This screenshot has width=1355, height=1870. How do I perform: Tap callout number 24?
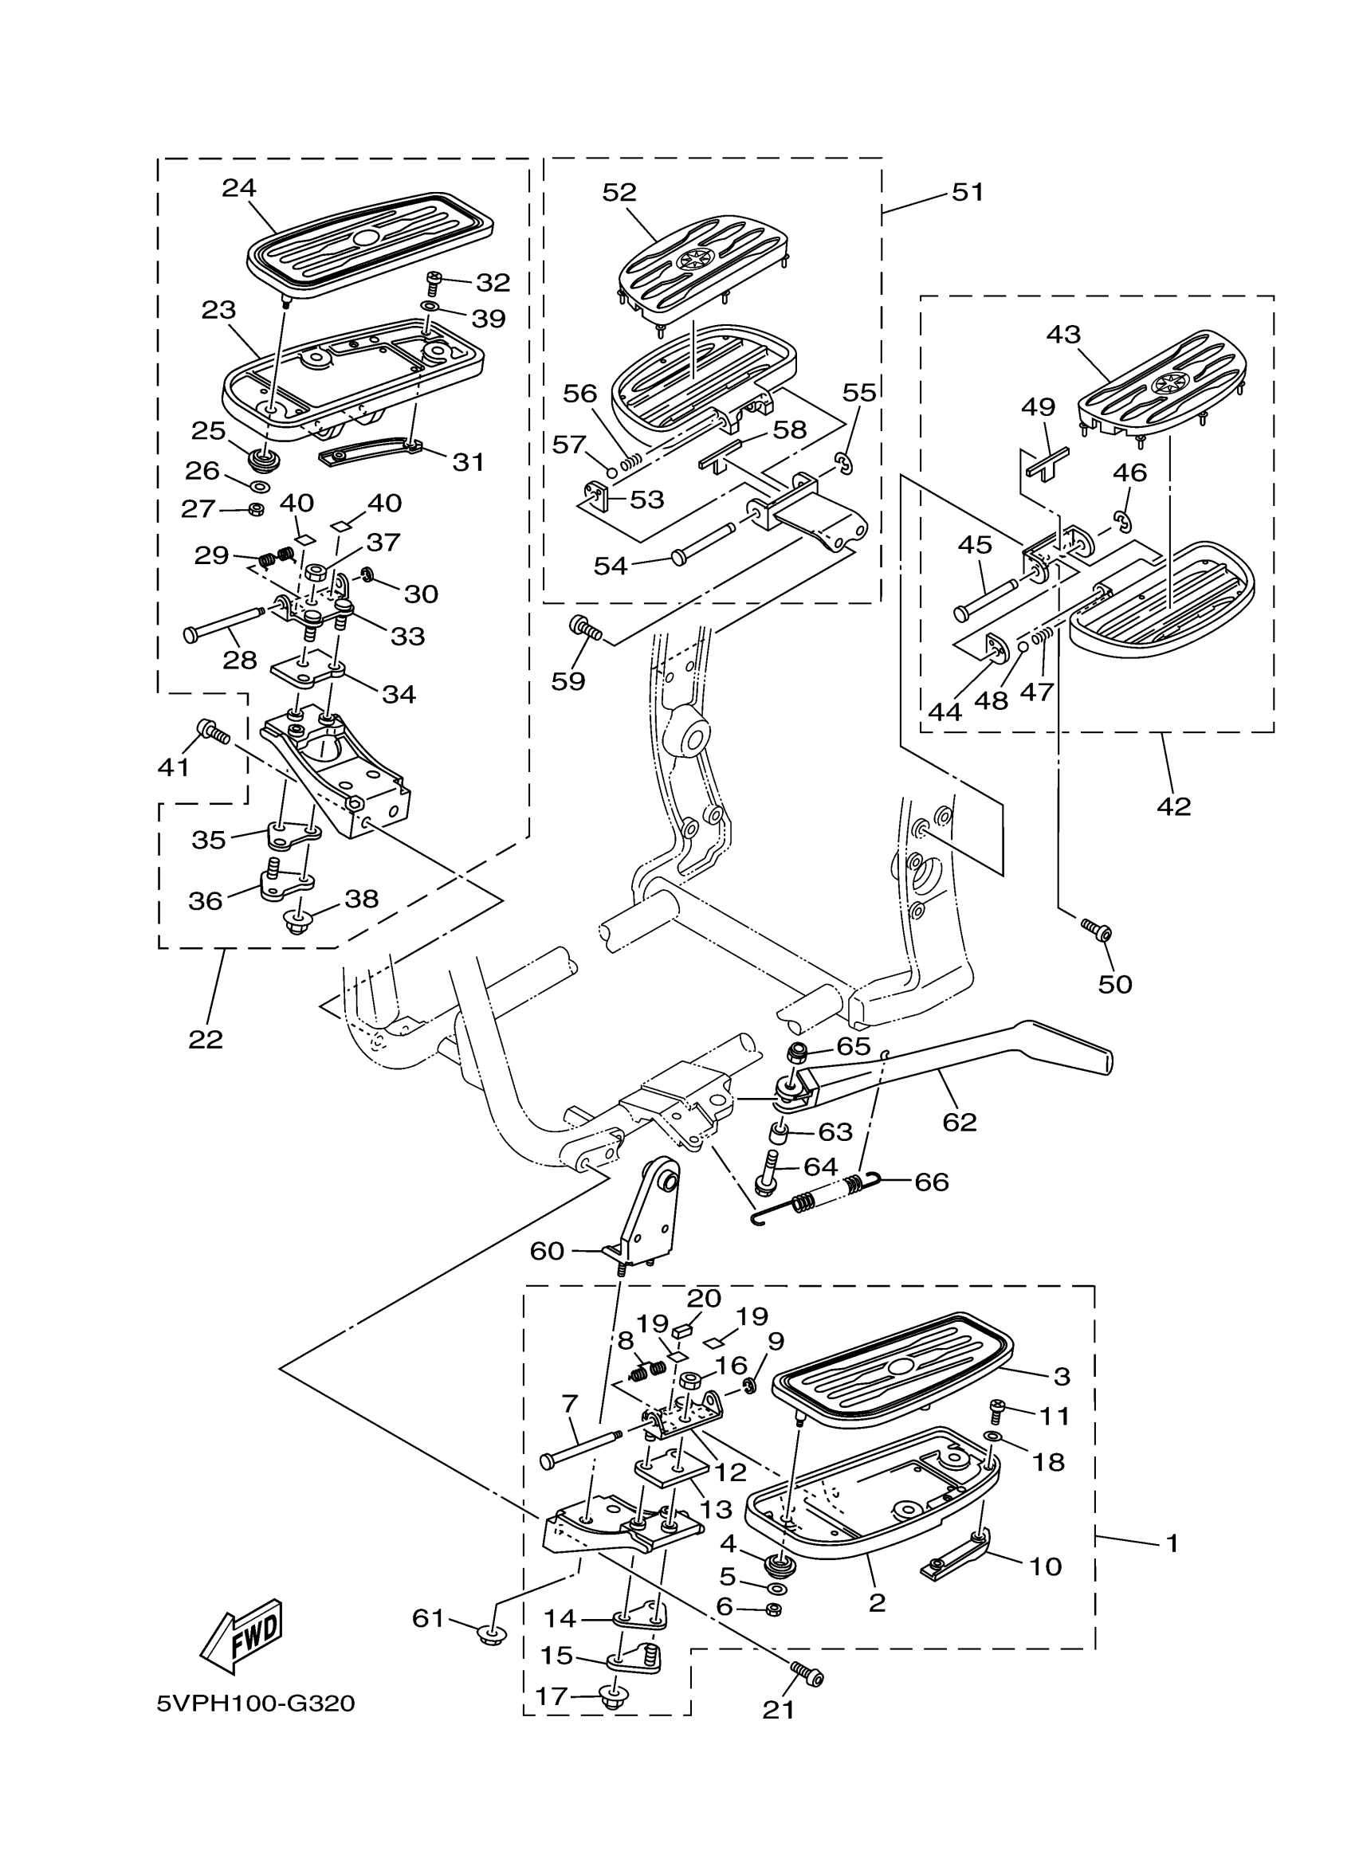tap(239, 188)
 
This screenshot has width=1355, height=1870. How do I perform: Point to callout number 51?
tap(968, 192)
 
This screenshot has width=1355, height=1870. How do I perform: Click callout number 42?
tap(1173, 806)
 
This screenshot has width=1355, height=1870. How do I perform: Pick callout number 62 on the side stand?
tap(960, 1121)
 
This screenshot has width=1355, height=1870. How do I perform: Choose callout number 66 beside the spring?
tap(931, 1182)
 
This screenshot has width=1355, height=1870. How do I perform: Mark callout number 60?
tap(547, 1252)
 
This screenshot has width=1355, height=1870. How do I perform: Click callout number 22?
tap(206, 1040)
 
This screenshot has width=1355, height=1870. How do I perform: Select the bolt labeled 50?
tap(1097, 930)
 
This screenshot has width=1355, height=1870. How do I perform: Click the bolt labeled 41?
tap(214, 732)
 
